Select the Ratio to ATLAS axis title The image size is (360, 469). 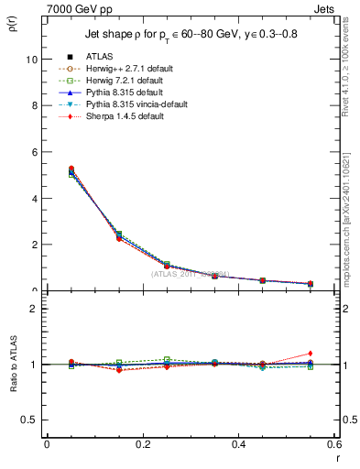click(x=12, y=364)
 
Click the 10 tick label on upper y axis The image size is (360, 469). click(x=31, y=60)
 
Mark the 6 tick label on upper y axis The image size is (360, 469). click(x=34, y=152)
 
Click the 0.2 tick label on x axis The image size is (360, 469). click(x=142, y=444)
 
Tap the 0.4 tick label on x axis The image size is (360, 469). click(x=238, y=444)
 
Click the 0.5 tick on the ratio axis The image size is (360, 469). click(x=29, y=420)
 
